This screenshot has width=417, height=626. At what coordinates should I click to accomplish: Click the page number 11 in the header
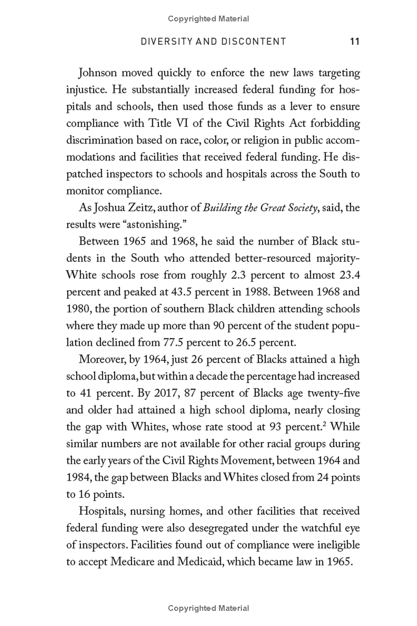click(x=354, y=42)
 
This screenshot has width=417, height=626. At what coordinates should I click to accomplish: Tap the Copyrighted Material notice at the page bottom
click(x=208, y=608)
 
